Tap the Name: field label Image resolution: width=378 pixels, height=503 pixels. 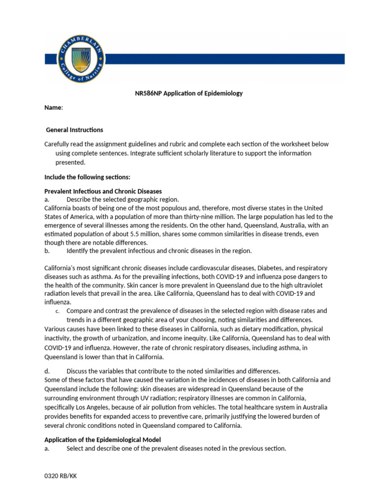point(54,108)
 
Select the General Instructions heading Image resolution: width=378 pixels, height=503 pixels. point(74,130)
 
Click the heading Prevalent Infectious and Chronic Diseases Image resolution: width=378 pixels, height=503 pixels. point(103,191)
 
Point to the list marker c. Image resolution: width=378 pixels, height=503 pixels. point(57,311)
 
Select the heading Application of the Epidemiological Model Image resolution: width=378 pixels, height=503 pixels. point(102,440)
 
